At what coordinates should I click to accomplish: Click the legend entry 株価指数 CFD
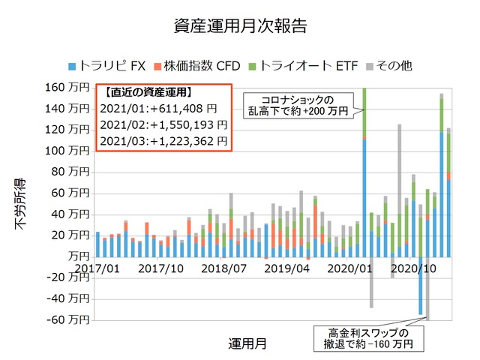[x=196, y=66]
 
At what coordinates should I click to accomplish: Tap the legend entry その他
[x=388, y=66]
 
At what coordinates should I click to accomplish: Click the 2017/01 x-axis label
[x=97, y=268]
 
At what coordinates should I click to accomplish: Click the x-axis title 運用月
[x=247, y=343]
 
